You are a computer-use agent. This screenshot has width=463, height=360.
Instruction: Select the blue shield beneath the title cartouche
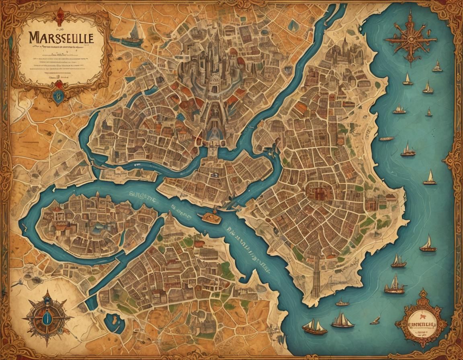click(x=59, y=96)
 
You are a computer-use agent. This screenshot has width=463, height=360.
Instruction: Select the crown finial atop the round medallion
click(x=421, y=292)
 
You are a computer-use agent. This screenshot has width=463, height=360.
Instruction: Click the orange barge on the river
click(x=209, y=217)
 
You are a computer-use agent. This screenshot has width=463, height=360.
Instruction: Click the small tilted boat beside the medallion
click(x=375, y=320)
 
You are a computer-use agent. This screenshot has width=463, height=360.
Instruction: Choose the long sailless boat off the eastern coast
click(x=387, y=139)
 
